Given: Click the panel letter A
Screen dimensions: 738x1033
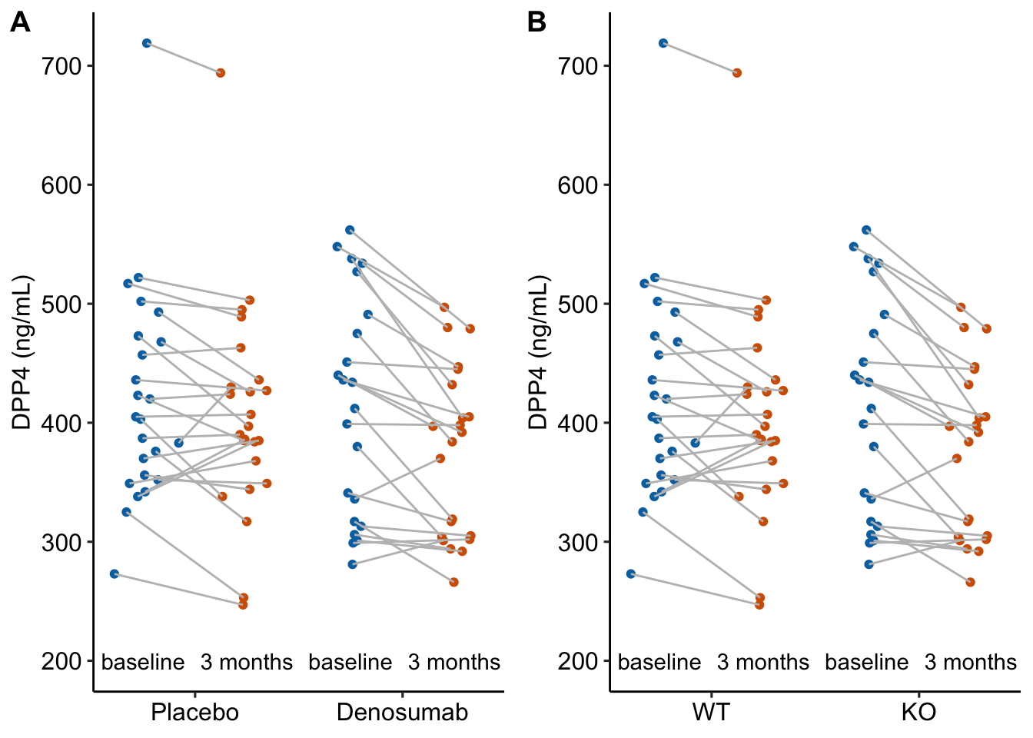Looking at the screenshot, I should coord(20,23).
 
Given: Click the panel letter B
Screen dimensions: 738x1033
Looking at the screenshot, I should coord(536,23).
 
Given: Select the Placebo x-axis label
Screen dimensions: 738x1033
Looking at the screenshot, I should coord(194,713).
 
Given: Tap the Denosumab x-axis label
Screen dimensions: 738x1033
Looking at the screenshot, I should coord(402,713).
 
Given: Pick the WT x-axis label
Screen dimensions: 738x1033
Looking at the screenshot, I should coord(711,713).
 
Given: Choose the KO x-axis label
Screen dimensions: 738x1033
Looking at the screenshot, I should coord(918,713).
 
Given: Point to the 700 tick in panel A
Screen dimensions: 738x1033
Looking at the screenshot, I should coord(62,66).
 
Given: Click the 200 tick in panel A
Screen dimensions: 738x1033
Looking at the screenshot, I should coord(62,661).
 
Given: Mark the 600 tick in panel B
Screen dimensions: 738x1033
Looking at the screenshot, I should coord(579,185).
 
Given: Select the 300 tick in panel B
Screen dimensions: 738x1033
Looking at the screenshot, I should coord(579,542).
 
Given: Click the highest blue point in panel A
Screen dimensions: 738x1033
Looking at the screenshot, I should coord(147,43).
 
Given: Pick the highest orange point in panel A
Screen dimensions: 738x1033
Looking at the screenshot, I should coord(220,73).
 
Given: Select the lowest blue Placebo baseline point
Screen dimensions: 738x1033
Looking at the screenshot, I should coord(115,573).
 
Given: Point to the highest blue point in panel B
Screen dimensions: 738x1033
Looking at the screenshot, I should coord(663,43).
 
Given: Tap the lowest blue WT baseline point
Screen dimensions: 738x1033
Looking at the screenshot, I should coord(631,573).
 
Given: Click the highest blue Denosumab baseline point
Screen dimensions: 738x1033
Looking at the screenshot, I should coord(350,230).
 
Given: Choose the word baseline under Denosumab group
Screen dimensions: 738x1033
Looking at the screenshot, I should coord(350,662).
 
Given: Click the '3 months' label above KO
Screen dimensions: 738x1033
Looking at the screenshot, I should coord(970,662).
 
